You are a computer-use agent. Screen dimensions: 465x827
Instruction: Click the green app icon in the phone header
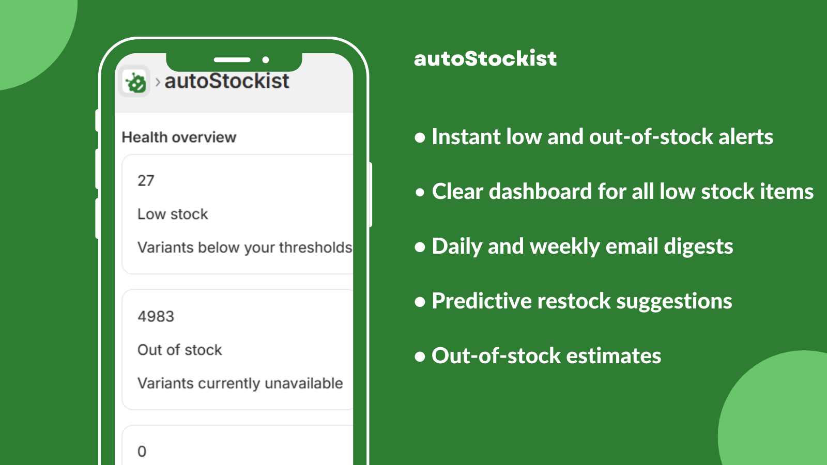[x=135, y=82]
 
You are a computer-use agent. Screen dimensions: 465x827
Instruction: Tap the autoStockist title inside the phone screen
[x=226, y=81]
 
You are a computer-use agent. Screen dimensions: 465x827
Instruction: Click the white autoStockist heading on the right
[x=485, y=58]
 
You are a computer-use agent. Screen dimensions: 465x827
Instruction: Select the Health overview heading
[x=179, y=137]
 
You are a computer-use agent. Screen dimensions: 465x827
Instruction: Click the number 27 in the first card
[x=146, y=181]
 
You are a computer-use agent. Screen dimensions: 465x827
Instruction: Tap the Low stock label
[x=173, y=214]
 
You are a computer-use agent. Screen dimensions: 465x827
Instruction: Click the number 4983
[x=156, y=316]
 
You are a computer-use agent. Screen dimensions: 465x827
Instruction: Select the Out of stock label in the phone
[x=179, y=350]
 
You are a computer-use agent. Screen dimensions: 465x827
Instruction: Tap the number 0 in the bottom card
[x=142, y=452]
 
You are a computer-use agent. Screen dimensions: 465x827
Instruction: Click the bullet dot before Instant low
[x=420, y=137]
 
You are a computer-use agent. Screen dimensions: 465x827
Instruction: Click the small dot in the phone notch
[x=266, y=60]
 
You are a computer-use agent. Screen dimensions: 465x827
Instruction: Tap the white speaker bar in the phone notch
[x=232, y=60]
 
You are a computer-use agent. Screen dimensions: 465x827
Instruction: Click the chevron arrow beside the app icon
[x=158, y=82]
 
